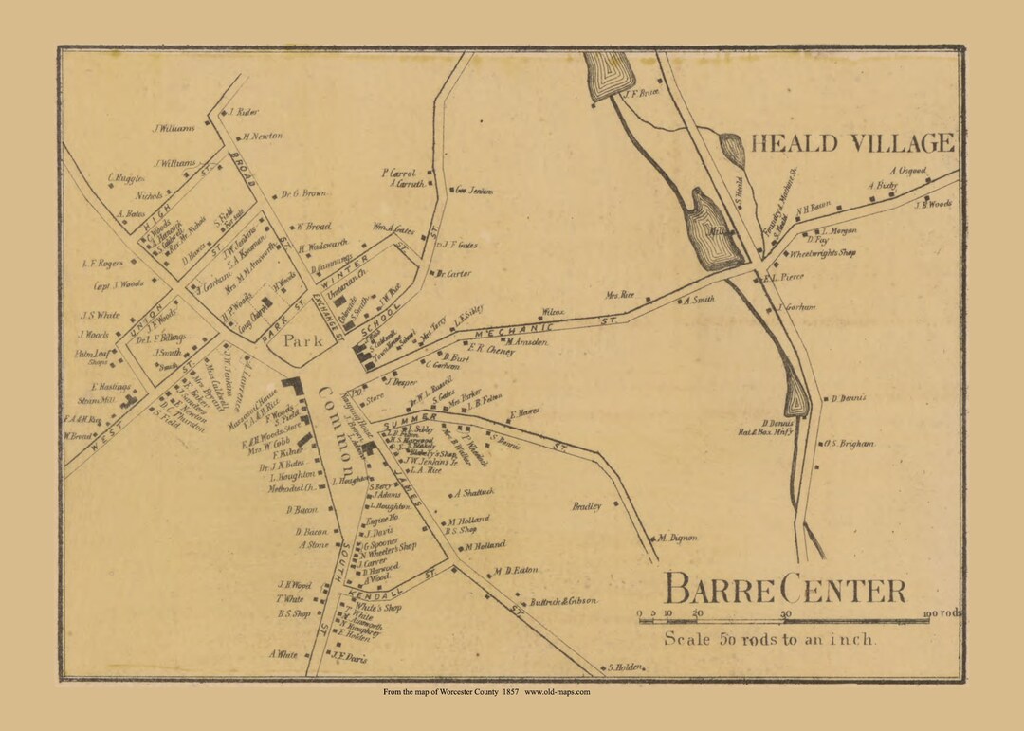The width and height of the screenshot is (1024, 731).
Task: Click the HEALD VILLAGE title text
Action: coord(852,143)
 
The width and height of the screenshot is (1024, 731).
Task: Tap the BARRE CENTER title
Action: coord(784,589)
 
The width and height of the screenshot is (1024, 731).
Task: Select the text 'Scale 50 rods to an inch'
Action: coord(769,639)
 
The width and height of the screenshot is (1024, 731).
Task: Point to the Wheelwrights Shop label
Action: coord(822,254)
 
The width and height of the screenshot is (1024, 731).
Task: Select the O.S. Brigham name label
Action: coord(848,443)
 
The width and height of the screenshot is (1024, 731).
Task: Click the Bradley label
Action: coord(587,506)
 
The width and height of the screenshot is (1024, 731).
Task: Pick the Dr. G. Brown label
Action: coord(303,194)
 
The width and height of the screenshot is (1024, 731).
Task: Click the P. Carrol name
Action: coord(399,173)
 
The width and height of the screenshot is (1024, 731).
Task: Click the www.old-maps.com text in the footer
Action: coord(557,692)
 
